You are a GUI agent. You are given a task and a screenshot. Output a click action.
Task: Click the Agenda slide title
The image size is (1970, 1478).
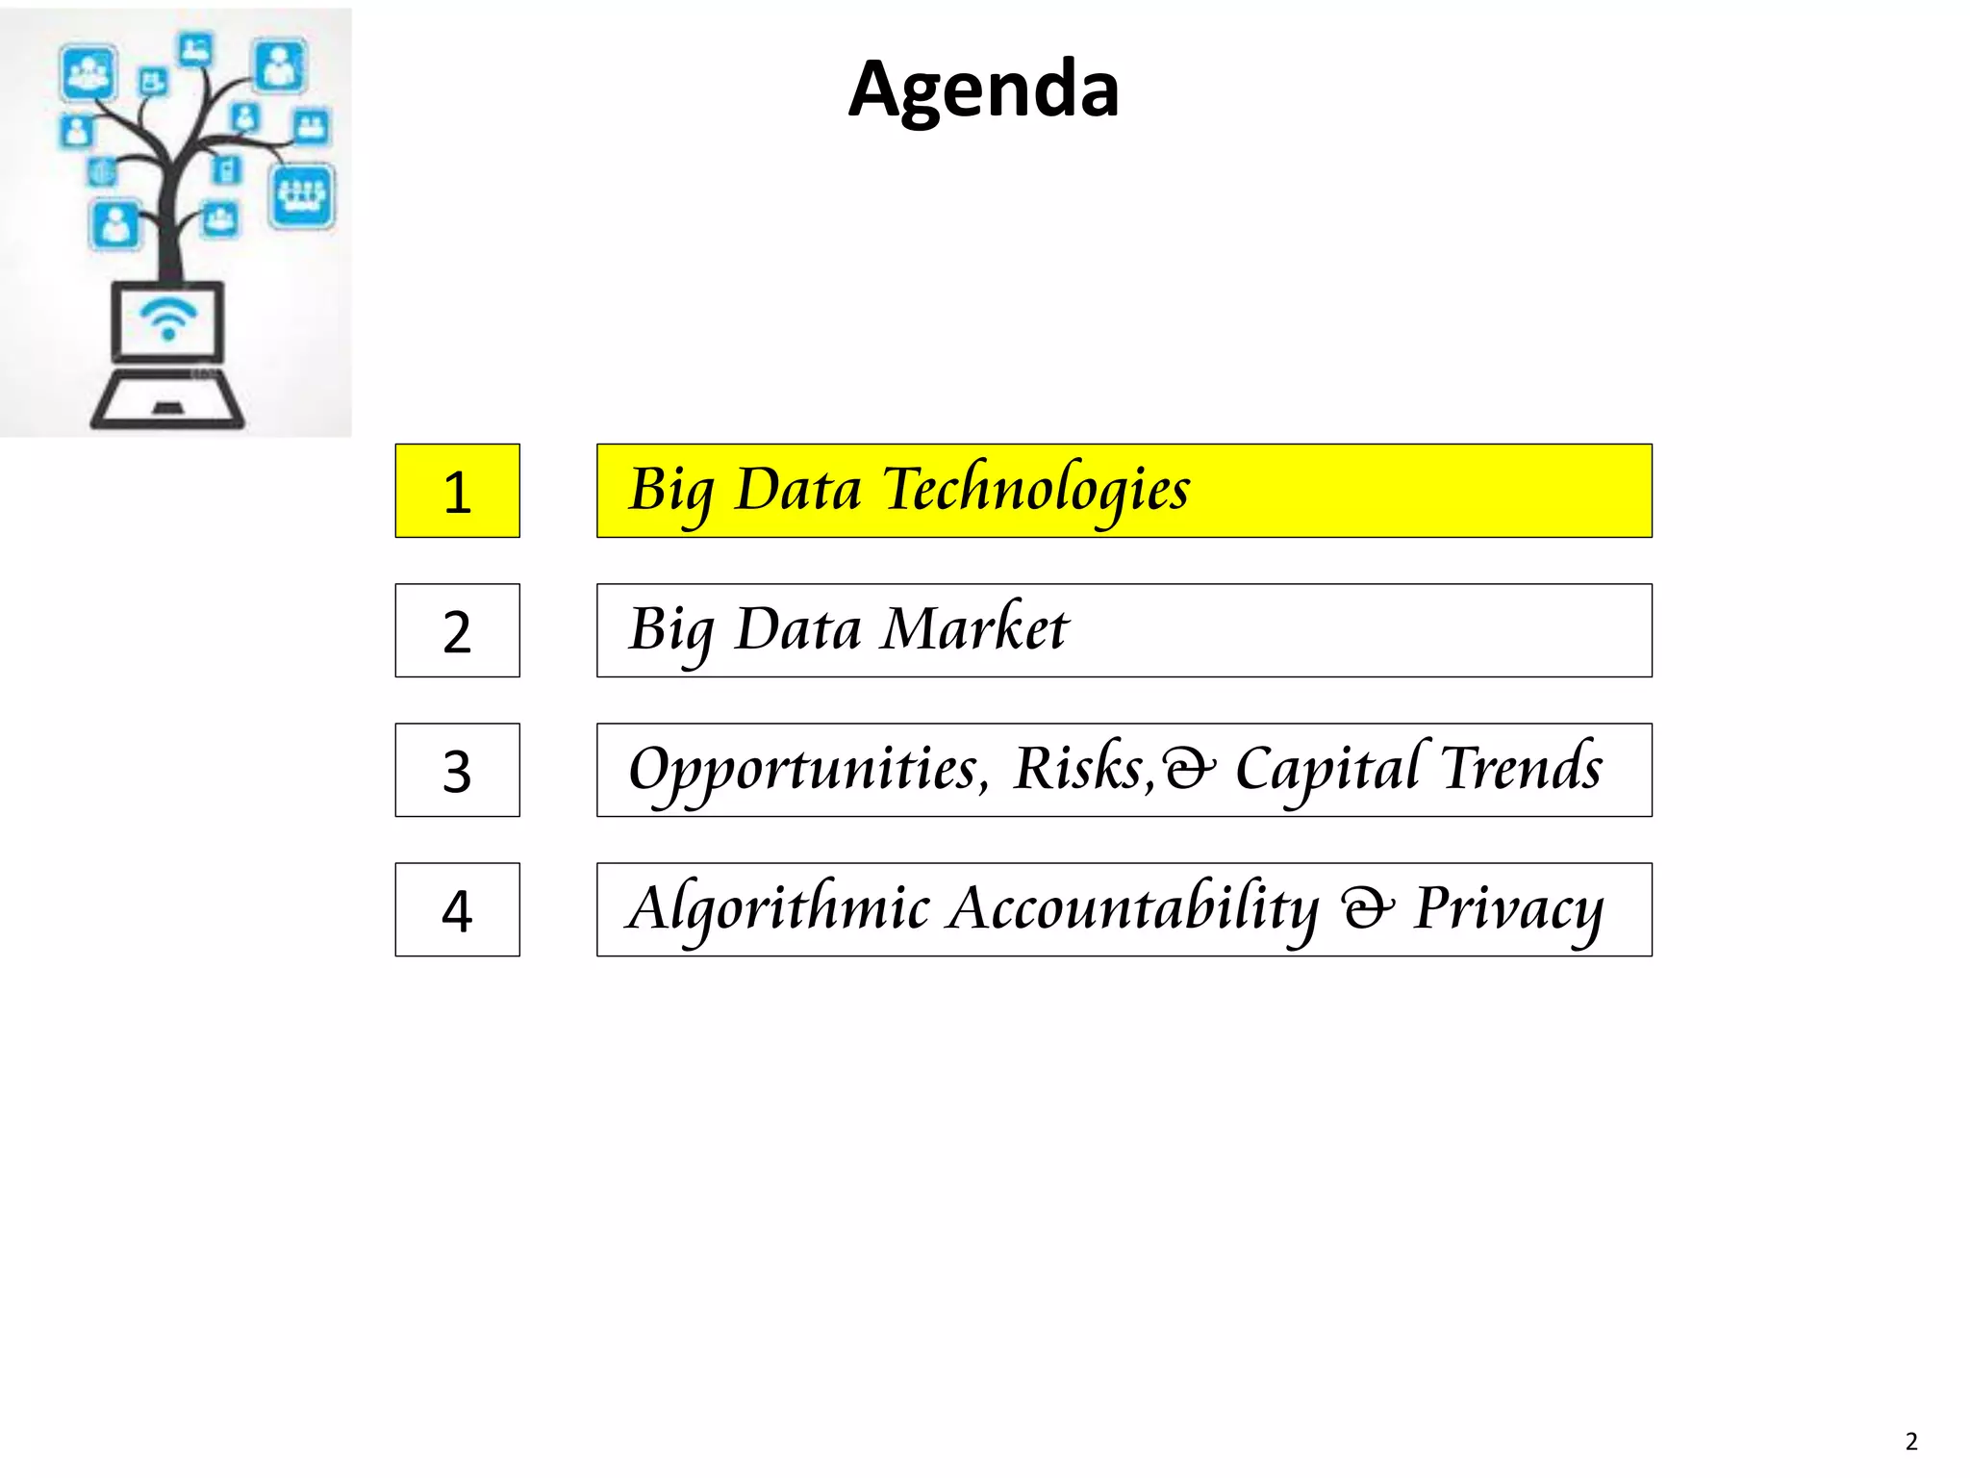983,89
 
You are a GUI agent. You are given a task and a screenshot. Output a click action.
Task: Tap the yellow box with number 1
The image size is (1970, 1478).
457,491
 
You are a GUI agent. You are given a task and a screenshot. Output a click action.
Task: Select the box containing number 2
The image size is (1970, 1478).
457,630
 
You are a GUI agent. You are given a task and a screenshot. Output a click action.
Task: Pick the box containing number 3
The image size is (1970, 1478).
457,770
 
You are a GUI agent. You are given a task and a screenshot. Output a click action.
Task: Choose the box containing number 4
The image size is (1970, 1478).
457,909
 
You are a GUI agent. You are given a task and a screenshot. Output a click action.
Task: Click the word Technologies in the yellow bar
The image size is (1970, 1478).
1036,489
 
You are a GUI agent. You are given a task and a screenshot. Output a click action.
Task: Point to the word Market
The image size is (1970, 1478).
975,629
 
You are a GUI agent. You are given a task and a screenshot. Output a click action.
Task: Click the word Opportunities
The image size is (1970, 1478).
808,770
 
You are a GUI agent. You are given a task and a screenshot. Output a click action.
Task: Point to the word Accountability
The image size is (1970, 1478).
1133,908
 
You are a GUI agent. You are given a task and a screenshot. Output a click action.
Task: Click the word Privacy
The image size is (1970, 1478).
1508,908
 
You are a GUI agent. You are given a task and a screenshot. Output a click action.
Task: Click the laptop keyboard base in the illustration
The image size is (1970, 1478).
167,401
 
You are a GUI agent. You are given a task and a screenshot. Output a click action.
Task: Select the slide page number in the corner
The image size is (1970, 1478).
1910,1440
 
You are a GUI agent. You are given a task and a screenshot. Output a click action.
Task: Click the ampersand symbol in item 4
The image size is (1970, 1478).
1367,908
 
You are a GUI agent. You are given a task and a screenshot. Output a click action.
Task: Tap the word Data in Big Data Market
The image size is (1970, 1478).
797,629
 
